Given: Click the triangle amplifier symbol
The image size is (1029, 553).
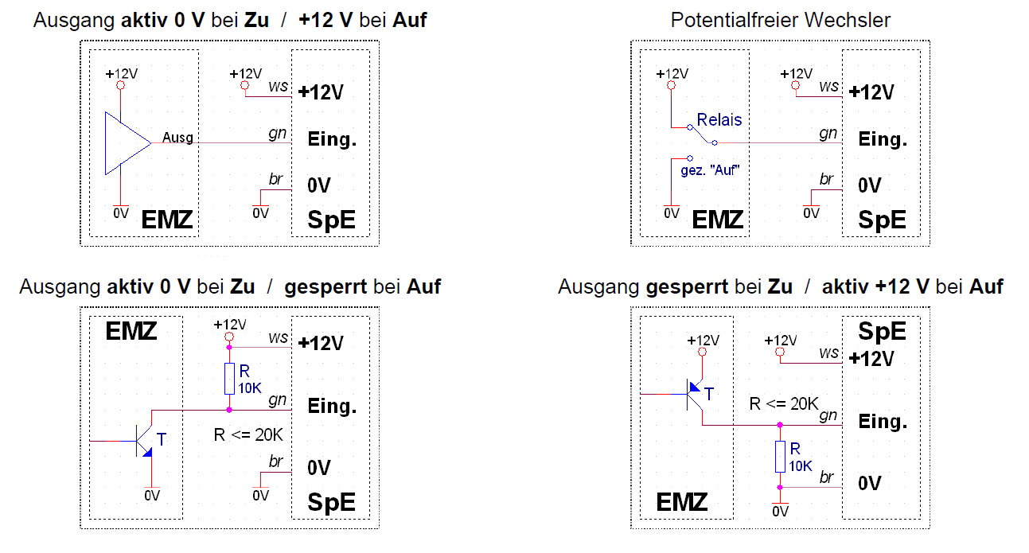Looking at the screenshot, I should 126,143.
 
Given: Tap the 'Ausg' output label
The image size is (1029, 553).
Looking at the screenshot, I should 177,138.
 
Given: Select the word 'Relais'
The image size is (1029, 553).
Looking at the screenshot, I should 719,120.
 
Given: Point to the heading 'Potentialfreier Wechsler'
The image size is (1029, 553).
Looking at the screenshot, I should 780,20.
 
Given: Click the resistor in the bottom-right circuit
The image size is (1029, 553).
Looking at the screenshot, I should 781,457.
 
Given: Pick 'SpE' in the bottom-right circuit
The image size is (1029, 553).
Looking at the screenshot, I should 882,331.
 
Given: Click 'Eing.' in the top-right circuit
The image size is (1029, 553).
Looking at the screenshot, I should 883,139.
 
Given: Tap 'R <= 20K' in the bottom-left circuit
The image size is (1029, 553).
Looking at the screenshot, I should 248,435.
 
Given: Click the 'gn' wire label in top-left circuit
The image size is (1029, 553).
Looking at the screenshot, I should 277,134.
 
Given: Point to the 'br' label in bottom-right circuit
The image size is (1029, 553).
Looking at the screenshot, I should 827,477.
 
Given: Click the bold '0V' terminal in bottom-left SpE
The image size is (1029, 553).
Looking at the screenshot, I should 319,467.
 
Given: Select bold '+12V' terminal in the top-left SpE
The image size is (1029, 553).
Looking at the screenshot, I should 321,92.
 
